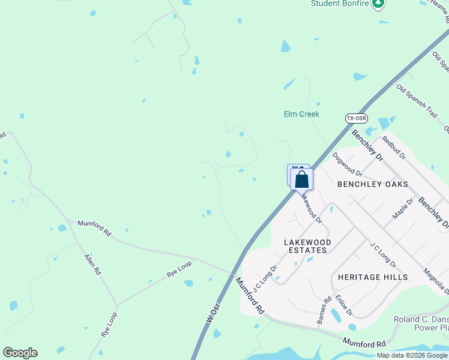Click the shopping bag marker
pyautogui.click(x=301, y=179)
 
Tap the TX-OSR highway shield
pyautogui.click(x=356, y=118)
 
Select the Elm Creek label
pyautogui.click(x=301, y=114)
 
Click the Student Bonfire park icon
pyautogui.click(x=378, y=4)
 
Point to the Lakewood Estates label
pyautogui.click(x=306, y=246)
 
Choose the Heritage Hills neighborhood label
pyautogui.click(x=372, y=277)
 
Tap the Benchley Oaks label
pyautogui.click(x=372, y=184)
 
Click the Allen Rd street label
pyautogui.click(x=92, y=265)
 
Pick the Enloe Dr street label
pyautogui.click(x=344, y=305)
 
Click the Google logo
pyautogui.click(x=20, y=353)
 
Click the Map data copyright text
pyautogui.click(x=412, y=355)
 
